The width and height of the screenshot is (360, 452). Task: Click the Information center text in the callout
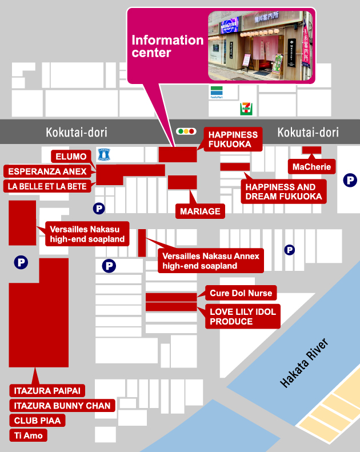[x=167, y=46]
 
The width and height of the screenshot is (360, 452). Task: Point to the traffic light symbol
[x=186, y=131]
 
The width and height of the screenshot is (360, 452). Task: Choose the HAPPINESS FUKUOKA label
[x=233, y=139]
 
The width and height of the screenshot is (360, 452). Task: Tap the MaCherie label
[x=311, y=167]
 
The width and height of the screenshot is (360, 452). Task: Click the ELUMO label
[x=71, y=157]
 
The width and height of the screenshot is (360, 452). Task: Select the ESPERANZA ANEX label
[x=47, y=171]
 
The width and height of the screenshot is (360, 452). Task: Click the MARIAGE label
[x=199, y=211]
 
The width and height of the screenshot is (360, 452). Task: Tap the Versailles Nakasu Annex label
[x=211, y=261]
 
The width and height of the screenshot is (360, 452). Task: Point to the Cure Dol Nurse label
[x=241, y=294]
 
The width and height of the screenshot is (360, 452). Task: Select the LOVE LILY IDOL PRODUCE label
[x=243, y=317]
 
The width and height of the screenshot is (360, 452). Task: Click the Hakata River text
[x=305, y=364]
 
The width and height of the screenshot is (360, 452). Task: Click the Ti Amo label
[x=27, y=435]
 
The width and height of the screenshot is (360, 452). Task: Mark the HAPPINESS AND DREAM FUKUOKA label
[x=284, y=191]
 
